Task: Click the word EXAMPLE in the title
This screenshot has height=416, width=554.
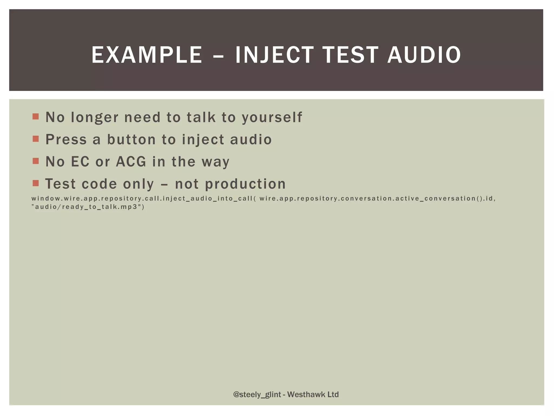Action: coord(147,55)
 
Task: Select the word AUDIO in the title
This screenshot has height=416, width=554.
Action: coord(424,55)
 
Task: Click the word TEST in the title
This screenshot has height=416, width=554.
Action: coord(350,55)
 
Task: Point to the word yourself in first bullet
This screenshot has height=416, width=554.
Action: coord(272,118)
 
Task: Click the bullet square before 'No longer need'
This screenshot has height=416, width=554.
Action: coord(36,117)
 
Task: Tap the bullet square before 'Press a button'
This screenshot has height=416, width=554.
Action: coord(36,139)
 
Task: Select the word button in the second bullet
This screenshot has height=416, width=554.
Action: coord(131,140)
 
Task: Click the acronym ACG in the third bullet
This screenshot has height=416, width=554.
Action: coord(131,162)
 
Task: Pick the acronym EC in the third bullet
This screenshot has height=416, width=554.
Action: coord(80,162)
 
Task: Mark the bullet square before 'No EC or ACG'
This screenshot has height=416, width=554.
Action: coord(36,161)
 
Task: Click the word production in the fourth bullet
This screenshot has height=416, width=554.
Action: coord(245,184)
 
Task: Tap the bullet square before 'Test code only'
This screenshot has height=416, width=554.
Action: coord(36,183)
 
